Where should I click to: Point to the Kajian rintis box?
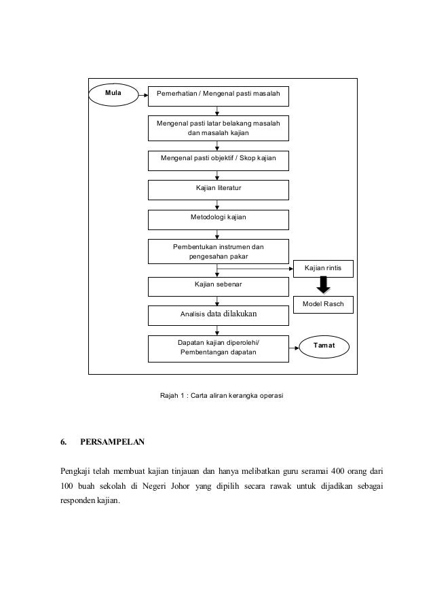(323, 269)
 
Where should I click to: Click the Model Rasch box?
(323, 305)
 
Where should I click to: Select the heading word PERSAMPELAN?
(112, 443)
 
